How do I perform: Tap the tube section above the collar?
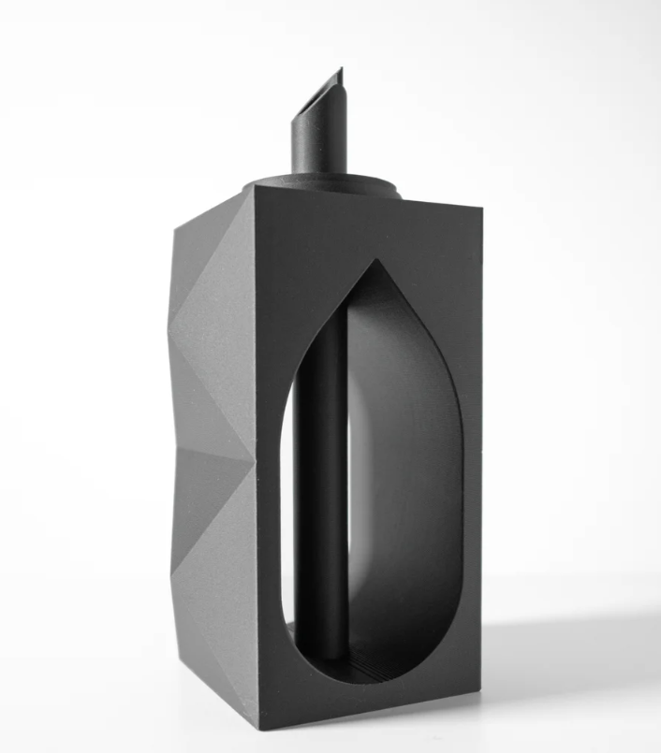click(x=318, y=140)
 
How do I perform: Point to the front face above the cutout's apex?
click(x=375, y=224)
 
